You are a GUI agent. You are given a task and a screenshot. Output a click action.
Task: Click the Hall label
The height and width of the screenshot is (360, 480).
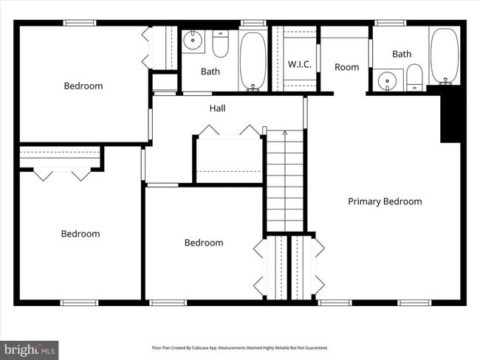tap(217, 108)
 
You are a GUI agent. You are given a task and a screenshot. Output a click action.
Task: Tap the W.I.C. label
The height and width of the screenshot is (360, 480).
tap(299, 64)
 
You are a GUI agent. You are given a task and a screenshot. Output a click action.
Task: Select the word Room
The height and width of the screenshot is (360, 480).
tap(346, 67)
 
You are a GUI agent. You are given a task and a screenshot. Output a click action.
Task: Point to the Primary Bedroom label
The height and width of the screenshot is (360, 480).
tap(385, 201)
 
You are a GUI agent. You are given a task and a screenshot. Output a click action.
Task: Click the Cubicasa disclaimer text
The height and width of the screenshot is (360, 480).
tap(239, 347)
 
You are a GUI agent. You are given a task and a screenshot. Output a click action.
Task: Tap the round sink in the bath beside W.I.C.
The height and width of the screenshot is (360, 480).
tap(193, 41)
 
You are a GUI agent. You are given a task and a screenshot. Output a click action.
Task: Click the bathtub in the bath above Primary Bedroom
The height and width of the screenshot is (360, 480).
tap(445, 55)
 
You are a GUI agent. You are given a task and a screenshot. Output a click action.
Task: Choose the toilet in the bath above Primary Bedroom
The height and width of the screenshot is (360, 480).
tap(414, 77)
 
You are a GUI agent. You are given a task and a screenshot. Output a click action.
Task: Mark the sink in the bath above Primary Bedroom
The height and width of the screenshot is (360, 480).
tap(387, 79)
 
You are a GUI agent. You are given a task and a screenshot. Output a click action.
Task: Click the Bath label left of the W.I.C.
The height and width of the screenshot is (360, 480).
tap(210, 72)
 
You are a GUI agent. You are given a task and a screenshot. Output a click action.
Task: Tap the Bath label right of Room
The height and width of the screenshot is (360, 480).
tap(402, 54)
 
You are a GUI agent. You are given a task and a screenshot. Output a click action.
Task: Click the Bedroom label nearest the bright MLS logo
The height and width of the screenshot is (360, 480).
tap(80, 234)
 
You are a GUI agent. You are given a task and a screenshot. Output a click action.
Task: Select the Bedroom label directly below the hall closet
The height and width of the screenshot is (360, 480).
tap(204, 243)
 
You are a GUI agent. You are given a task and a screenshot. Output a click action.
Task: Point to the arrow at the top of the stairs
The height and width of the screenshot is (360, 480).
tap(285, 133)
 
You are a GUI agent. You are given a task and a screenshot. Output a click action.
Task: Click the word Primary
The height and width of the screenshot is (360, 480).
tap(366, 201)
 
